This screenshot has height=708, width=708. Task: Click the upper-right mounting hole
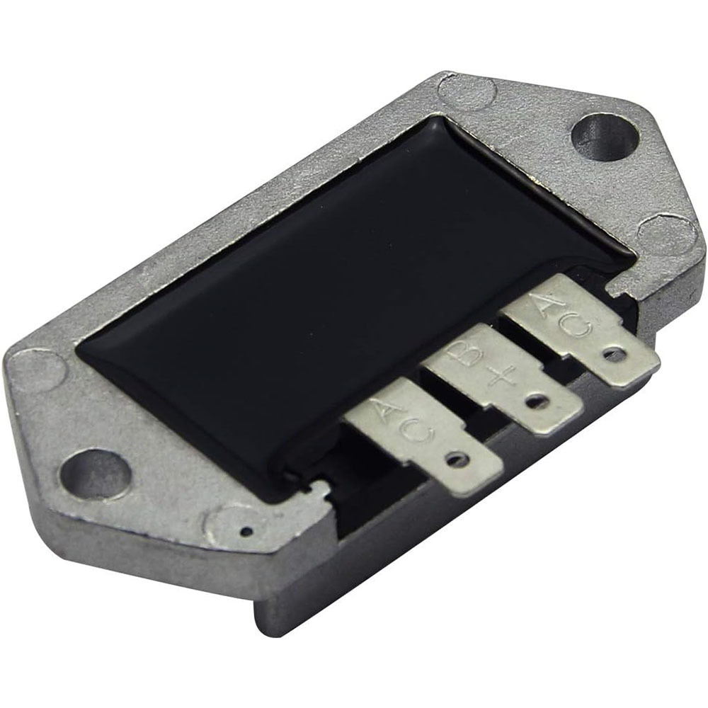(x=606, y=138)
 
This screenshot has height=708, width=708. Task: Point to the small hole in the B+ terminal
(x=536, y=401)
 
